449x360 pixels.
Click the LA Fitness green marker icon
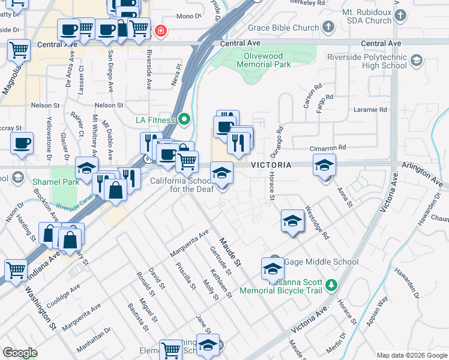[185, 120]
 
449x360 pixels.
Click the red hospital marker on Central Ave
[160, 31]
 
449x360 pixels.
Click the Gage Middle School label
[321, 262]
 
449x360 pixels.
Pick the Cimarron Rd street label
[327, 147]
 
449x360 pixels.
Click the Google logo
[20, 353]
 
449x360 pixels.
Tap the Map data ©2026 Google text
[411, 355]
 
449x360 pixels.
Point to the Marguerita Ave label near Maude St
[189, 243]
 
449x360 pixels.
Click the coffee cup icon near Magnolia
[22, 143]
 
